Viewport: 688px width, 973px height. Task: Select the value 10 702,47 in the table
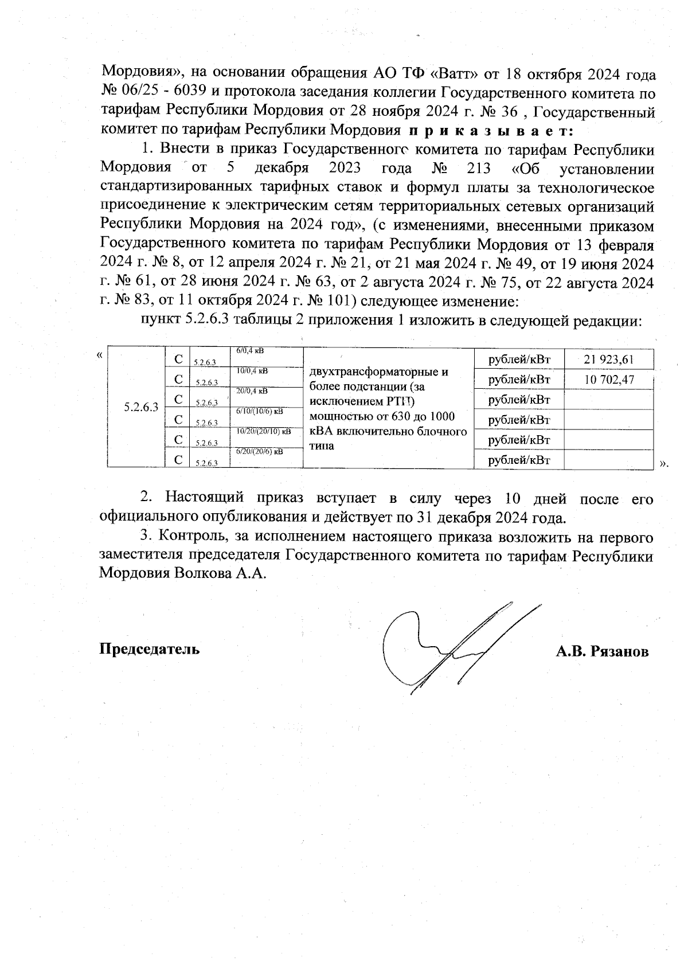[609, 380]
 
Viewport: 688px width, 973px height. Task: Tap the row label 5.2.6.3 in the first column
[141, 408]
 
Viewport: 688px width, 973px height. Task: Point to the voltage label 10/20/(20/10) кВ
[263, 431]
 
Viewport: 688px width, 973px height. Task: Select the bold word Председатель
[150, 649]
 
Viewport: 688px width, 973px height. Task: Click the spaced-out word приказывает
[491, 131]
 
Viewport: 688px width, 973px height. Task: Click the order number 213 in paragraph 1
[479, 169]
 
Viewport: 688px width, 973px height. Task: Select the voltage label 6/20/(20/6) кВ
[260, 451]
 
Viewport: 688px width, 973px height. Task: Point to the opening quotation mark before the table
[100, 355]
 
